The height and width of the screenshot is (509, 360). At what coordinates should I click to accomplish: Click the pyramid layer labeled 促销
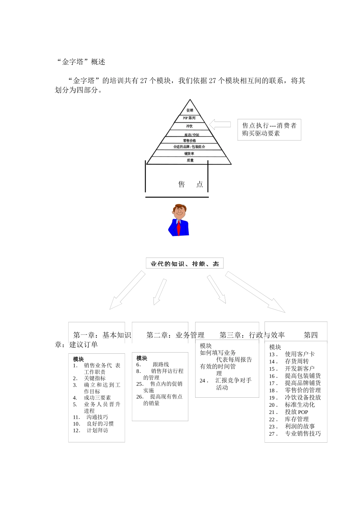pos(190,110)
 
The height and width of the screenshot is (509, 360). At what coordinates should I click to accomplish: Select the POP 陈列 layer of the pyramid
pos(189,118)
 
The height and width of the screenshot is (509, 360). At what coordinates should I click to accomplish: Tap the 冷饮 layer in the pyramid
pos(189,126)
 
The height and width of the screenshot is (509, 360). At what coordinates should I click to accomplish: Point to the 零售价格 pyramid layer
pos(189,141)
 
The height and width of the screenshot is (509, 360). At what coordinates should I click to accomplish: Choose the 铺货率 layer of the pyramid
pos(189,153)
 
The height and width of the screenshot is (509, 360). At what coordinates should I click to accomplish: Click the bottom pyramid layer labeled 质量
pos(190,161)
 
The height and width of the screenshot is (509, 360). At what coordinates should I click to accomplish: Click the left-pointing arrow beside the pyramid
pos(220,124)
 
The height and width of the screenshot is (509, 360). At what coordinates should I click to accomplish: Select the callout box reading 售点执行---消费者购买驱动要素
pos(269,130)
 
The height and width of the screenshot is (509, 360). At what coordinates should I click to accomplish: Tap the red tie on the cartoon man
pos(178,227)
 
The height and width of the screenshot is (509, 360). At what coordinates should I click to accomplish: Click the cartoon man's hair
pos(180,207)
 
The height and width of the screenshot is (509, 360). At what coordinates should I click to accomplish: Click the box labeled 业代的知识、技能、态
pos(185,264)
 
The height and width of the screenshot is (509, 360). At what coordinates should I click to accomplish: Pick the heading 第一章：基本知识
pos(102,335)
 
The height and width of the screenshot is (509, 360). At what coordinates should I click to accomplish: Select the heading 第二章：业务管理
pos(175,335)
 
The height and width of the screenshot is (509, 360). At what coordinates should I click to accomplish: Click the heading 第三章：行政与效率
pos(252,335)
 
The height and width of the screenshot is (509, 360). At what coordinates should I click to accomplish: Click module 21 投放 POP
pos(296,412)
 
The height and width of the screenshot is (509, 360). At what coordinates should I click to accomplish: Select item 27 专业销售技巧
pos(302,434)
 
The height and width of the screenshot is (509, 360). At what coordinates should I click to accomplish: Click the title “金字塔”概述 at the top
pos(81,62)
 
